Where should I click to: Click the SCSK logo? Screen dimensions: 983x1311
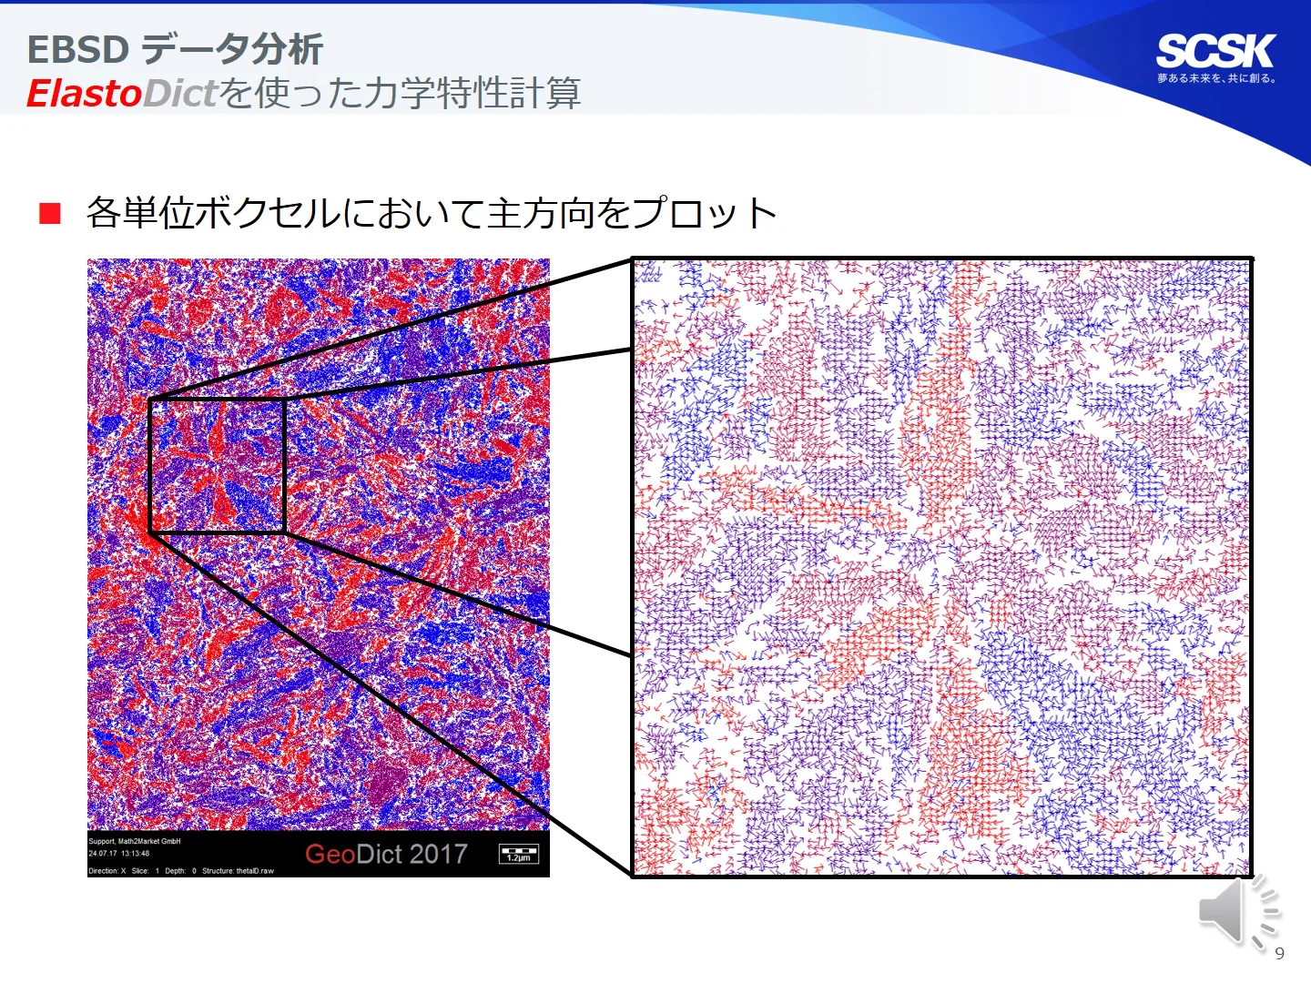1215,51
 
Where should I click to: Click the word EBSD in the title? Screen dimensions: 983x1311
78,50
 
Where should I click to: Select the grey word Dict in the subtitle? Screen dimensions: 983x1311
181,94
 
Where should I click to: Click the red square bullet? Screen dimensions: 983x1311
50,214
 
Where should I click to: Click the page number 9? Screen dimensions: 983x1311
1279,953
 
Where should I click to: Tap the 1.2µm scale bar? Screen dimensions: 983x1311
519,855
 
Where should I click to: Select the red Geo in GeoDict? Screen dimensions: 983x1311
330,854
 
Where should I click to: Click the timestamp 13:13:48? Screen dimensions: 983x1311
133,854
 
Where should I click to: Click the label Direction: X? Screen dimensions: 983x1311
107,871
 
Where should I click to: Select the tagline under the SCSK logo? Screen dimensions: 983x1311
1216,79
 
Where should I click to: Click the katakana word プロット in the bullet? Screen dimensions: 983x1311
706,214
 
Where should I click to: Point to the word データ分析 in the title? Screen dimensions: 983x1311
233,50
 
